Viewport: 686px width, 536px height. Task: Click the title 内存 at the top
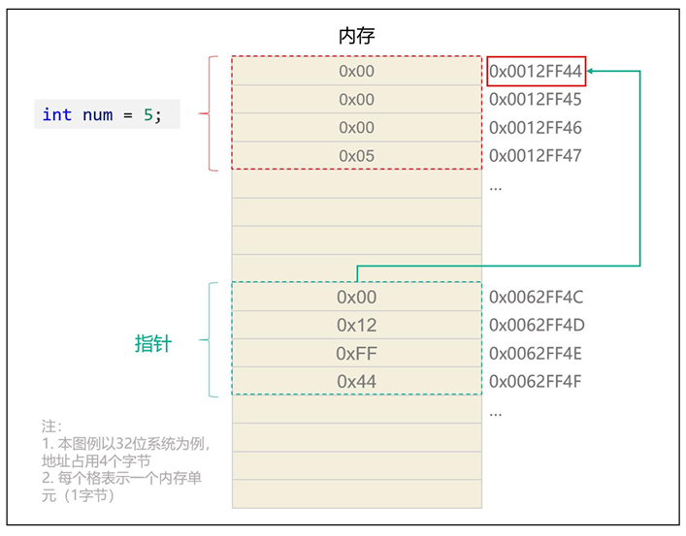click(356, 36)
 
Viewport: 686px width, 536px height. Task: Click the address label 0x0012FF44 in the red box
click(536, 71)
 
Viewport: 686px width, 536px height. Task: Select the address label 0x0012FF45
click(536, 99)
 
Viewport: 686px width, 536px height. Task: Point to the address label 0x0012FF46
click(536, 127)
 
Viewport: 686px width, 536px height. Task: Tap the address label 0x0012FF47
click(536, 155)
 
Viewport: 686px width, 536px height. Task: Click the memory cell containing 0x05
click(356, 155)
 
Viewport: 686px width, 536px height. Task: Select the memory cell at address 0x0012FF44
click(356, 71)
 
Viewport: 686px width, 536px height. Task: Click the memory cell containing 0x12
click(356, 325)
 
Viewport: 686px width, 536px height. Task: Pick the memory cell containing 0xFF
click(356, 353)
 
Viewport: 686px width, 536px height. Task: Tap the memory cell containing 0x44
click(356, 381)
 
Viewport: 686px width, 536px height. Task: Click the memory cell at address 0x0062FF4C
click(356, 297)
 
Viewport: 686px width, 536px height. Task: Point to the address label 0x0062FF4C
click(536, 297)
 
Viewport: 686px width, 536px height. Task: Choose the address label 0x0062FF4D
click(536, 325)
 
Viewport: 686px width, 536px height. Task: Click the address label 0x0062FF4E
click(536, 353)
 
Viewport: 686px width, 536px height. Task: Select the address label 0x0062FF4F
click(536, 381)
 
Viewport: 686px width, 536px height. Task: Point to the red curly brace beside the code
click(207, 113)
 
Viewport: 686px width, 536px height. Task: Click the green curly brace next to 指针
click(207, 339)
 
